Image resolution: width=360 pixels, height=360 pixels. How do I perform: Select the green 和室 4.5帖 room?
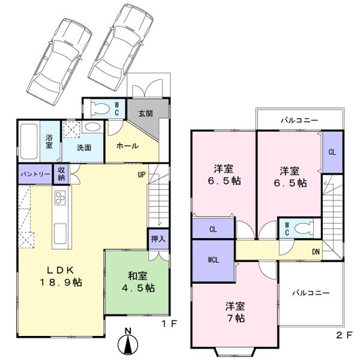137,282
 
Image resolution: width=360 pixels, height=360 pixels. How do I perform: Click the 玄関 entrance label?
145,113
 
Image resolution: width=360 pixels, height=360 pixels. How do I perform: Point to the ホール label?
127,146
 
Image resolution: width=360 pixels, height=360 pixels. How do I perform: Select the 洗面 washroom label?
83,148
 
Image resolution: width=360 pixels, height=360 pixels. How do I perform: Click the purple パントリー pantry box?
35,173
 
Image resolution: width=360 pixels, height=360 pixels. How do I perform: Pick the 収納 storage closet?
62,173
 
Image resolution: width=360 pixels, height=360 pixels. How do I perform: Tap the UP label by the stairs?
142,176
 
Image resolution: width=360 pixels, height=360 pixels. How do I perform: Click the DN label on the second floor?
315,251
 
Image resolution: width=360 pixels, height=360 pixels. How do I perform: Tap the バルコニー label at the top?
298,120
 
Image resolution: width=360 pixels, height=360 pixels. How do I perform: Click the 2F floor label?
343,337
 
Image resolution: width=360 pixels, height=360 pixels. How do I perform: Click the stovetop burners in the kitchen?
61,197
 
